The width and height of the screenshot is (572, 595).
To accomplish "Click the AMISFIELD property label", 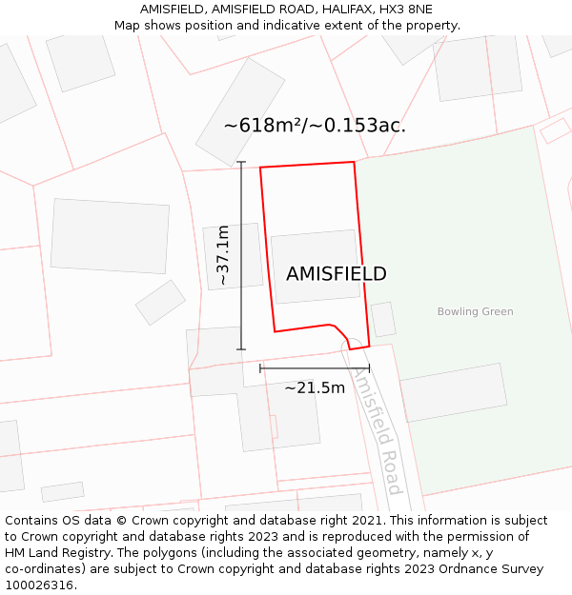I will [x=336, y=274].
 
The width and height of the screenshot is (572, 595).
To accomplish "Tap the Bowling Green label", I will [x=475, y=311].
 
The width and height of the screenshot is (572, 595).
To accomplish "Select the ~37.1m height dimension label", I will [x=223, y=255].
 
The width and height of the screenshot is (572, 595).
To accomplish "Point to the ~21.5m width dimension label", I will [x=315, y=387].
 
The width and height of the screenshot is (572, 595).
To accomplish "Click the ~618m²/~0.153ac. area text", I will [x=315, y=126].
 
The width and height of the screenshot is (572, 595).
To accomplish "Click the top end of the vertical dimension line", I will [x=241, y=163].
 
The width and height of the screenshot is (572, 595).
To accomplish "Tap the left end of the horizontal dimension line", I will [x=260, y=367].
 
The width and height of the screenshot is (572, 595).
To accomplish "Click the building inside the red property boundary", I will [x=316, y=267].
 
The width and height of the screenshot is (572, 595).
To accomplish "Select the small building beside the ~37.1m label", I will [x=233, y=256].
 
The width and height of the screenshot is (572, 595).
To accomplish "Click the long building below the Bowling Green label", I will [x=454, y=391].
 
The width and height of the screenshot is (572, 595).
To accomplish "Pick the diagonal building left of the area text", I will [x=239, y=111].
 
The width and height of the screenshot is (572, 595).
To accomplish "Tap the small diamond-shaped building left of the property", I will [x=160, y=302].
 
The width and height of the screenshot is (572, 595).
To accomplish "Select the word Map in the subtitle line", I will [x=128, y=26].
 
